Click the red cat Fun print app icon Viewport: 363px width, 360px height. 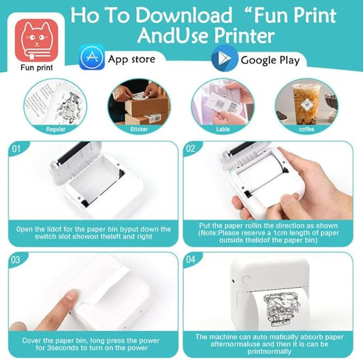pyautogui.click(x=36, y=40)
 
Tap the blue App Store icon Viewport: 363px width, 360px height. pyautogui.click(x=92, y=57)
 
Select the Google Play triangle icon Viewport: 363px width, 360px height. pyautogui.click(x=224, y=58)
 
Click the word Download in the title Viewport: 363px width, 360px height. pyautogui.click(x=183, y=15)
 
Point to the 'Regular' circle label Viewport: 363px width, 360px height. pyautogui.click(x=56, y=129)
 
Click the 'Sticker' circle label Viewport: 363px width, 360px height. pyautogui.click(x=139, y=129)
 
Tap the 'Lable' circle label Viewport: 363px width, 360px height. pyautogui.click(x=223, y=129)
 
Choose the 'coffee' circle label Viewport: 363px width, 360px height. pyautogui.click(x=306, y=129)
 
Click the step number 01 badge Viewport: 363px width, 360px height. pyautogui.click(x=16, y=149)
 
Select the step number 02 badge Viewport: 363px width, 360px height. pyautogui.click(x=191, y=149)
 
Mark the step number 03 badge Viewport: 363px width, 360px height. pyautogui.click(x=16, y=260)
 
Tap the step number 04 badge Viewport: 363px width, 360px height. pyautogui.click(x=191, y=259)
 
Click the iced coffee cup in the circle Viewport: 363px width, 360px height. pyautogui.click(x=306, y=104)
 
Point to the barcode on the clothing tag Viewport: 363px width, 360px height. pyautogui.click(x=233, y=107)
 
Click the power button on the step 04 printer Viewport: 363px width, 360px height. pyautogui.click(x=246, y=280)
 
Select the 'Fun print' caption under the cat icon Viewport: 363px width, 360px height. pyautogui.click(x=37, y=67)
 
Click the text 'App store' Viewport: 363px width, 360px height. pyautogui.click(x=131, y=59)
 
